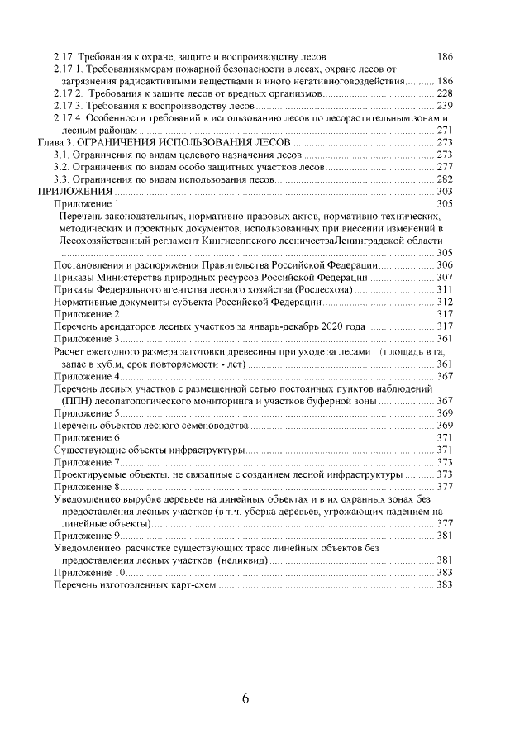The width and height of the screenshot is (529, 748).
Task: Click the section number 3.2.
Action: click(60, 166)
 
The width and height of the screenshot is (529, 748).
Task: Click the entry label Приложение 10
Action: click(89, 572)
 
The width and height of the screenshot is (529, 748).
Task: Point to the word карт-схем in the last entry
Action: click(193, 584)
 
